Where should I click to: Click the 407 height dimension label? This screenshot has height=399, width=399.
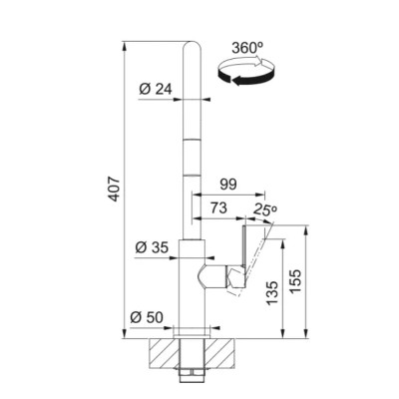pyautogui.click(x=115, y=189)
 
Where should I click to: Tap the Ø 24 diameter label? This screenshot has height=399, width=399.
pyautogui.click(x=156, y=89)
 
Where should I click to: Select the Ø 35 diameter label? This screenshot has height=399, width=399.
pyautogui.click(x=152, y=247)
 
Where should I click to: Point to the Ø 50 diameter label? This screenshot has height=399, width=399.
pyautogui.click(x=147, y=317)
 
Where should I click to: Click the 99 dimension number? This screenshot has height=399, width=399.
pyautogui.click(x=228, y=185)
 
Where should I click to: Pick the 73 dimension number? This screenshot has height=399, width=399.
pyautogui.click(x=218, y=208)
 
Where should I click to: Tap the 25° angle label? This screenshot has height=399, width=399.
pyautogui.click(x=265, y=209)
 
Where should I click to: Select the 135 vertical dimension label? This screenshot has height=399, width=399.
pyautogui.click(x=272, y=293)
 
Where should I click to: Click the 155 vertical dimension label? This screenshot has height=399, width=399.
pyautogui.click(x=295, y=281)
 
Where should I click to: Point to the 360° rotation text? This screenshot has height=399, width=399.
pyautogui.click(x=247, y=48)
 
